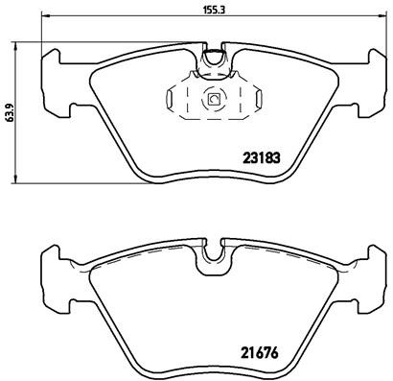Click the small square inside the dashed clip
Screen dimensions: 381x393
click(x=214, y=97)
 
